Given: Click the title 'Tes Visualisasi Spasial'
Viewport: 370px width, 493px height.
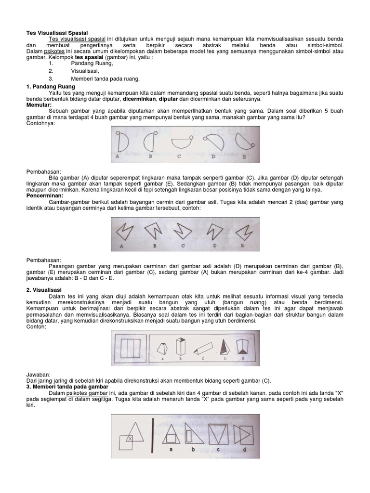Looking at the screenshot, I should [x=57, y=33].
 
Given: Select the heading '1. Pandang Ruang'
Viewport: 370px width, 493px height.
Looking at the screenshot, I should [x=51, y=86].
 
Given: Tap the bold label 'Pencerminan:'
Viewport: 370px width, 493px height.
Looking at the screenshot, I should [x=45, y=196].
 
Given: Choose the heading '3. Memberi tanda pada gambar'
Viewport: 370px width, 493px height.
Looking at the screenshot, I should [x=67, y=387].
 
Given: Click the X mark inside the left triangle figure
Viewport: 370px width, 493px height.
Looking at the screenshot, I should [x=130, y=439].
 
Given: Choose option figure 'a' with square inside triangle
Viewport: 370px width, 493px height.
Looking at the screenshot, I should [x=170, y=433].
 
